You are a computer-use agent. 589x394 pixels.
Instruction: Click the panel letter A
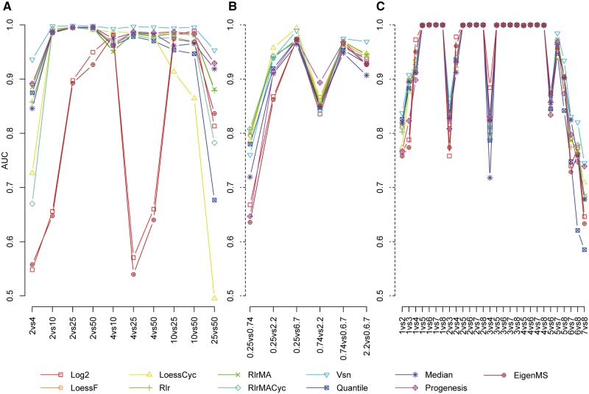click(7, 7)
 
